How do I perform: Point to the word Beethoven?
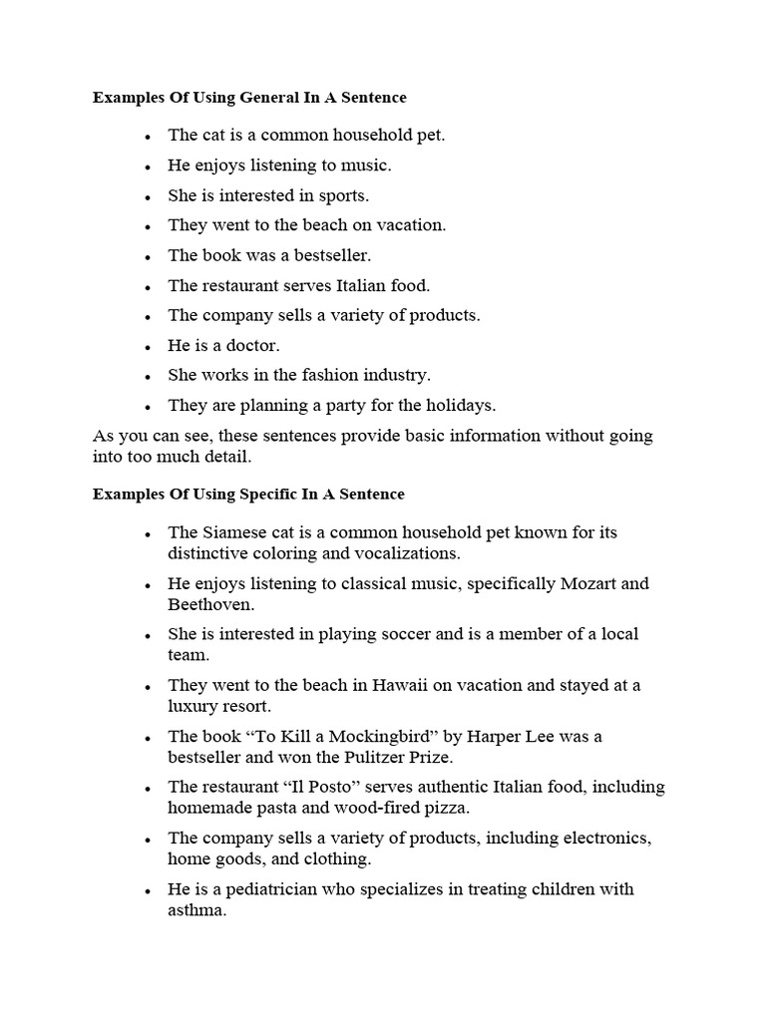pyautogui.click(x=210, y=603)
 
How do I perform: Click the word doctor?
pyautogui.click(x=250, y=345)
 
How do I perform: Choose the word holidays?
pyautogui.click(x=457, y=406)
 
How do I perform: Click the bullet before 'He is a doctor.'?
pyautogui.click(x=148, y=347)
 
